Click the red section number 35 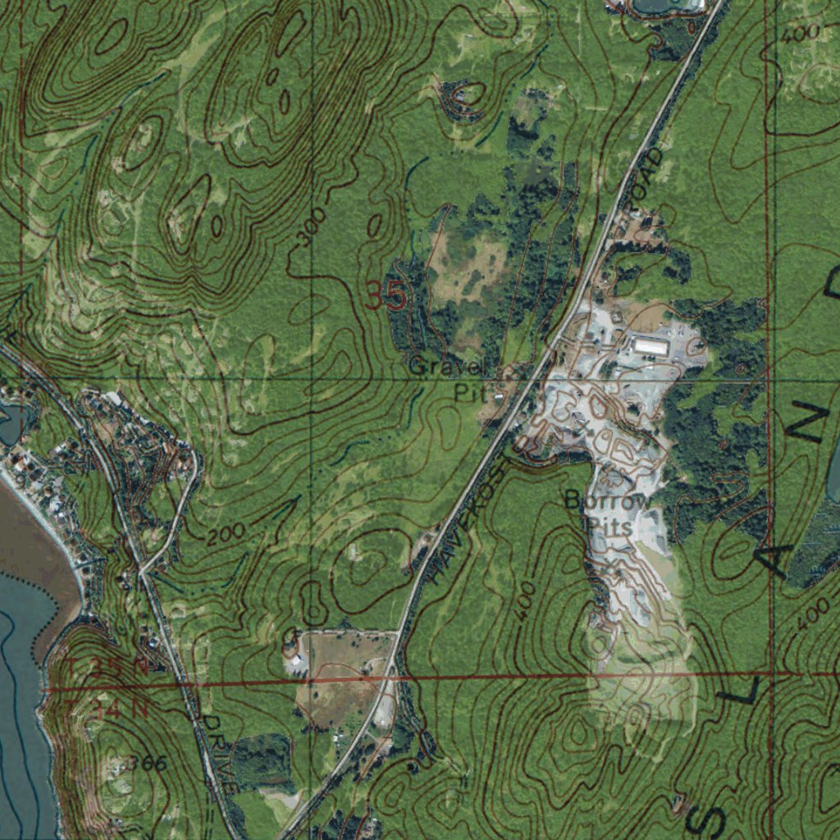tap(385, 295)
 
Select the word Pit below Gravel tap(471, 393)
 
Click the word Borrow tap(609, 500)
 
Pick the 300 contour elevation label tap(312, 226)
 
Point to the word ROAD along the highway tap(645, 176)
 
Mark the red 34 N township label tap(120, 709)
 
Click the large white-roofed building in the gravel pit tap(651, 347)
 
